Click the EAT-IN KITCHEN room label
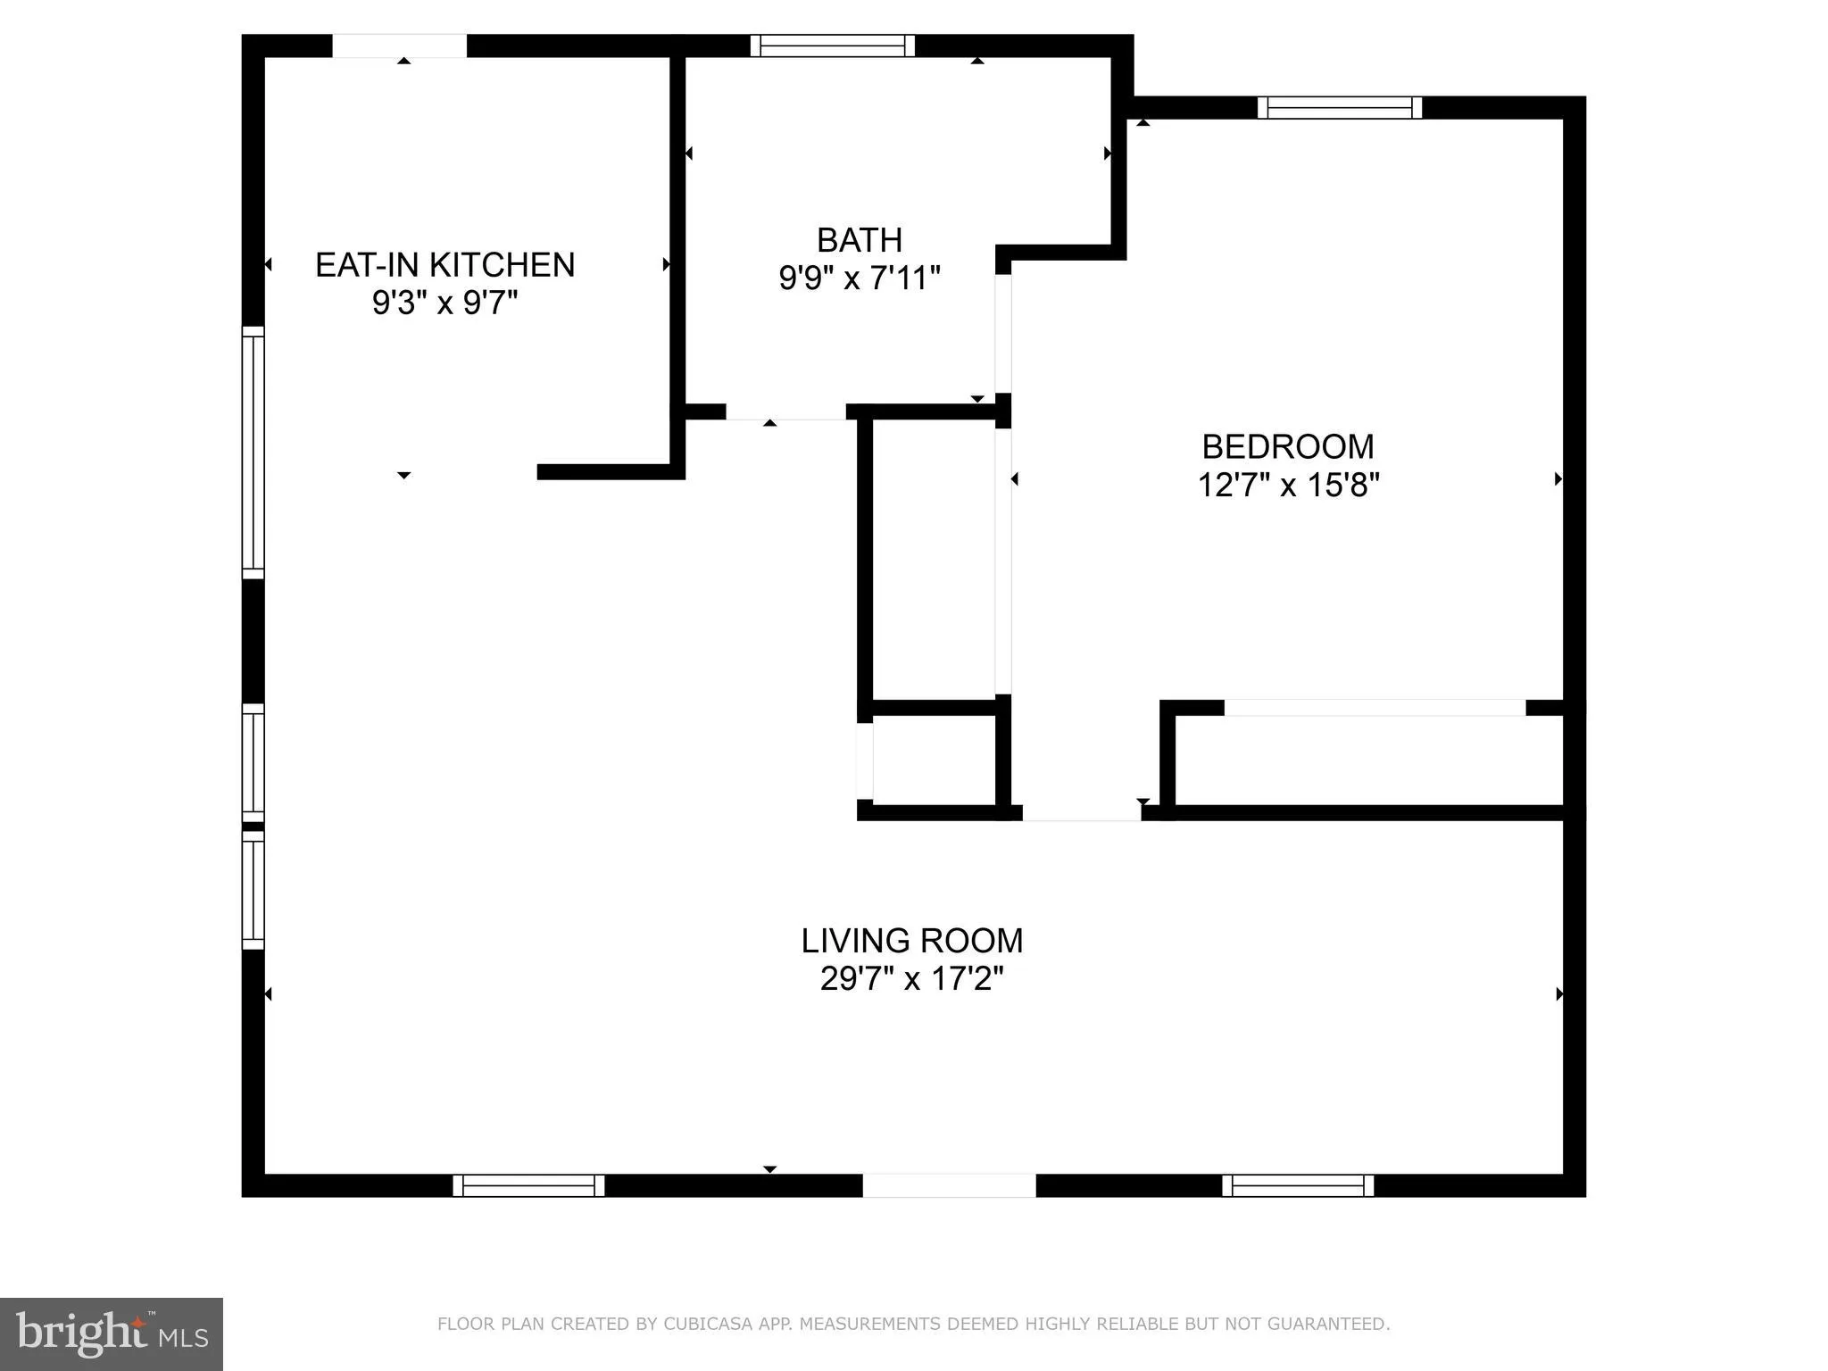pyautogui.click(x=445, y=265)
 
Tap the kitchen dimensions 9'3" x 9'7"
pyautogui.click(x=445, y=304)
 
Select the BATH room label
pyautogui.click(x=859, y=240)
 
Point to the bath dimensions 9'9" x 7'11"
pyautogui.click(x=859, y=278)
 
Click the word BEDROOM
pyautogui.click(x=1287, y=446)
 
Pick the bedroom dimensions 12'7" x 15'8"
pyautogui.click(x=1287, y=486)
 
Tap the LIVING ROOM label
pyautogui.click(x=911, y=941)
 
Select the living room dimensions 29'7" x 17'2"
pyautogui.click(x=911, y=979)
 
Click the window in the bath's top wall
pyautogui.click(x=832, y=46)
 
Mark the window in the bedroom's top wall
pyautogui.click(x=1339, y=108)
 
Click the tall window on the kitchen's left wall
pyautogui.click(x=253, y=453)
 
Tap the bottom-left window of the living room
pyautogui.click(x=528, y=1185)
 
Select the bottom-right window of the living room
pyautogui.click(x=1297, y=1185)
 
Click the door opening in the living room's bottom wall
pyautogui.click(x=948, y=1185)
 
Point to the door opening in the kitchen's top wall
pyautogui.click(x=399, y=46)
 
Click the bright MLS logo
pyautogui.click(x=111, y=1334)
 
